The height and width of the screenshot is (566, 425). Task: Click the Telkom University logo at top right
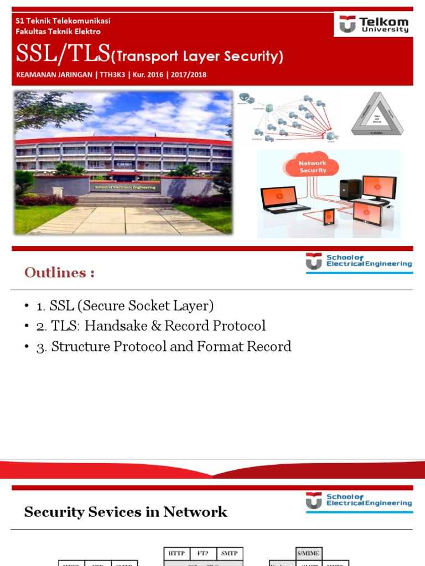click(373, 25)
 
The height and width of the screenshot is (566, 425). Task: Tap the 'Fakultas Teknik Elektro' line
click(58, 32)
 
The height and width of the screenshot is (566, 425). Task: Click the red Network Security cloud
click(312, 166)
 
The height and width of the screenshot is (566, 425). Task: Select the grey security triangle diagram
click(377, 113)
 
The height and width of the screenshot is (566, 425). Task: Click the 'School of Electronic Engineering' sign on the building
click(126, 187)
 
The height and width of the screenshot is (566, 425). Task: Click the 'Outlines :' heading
click(59, 272)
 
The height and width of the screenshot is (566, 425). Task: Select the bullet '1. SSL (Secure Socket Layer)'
click(125, 306)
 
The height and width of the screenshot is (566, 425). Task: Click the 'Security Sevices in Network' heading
click(126, 512)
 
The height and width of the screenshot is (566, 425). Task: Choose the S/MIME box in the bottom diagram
click(308, 553)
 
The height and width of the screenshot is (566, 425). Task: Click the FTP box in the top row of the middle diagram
click(203, 553)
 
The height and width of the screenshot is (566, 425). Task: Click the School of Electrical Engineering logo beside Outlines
click(359, 261)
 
